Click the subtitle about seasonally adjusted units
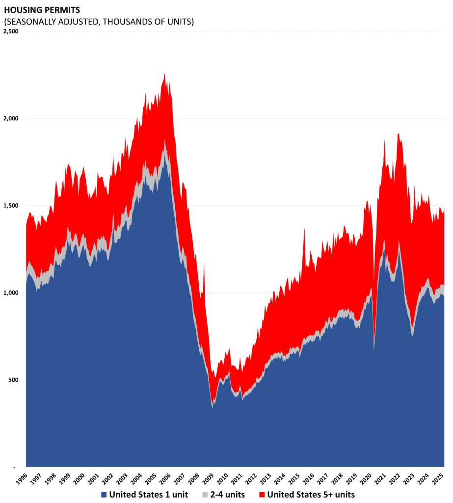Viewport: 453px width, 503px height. (99, 22)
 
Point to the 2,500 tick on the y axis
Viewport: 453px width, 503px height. (10, 31)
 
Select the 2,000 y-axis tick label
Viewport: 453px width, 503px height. (10, 118)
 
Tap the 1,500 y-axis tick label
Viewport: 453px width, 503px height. (10, 206)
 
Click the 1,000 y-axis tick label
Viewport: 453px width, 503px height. (10, 293)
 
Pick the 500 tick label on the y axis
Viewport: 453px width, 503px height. (13, 380)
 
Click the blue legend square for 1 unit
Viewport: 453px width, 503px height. (104, 495)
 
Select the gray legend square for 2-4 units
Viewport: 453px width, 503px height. (205, 495)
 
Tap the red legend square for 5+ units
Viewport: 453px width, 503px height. (262, 495)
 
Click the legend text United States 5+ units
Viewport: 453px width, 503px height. (311, 495)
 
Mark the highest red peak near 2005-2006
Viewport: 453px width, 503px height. (164, 75)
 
